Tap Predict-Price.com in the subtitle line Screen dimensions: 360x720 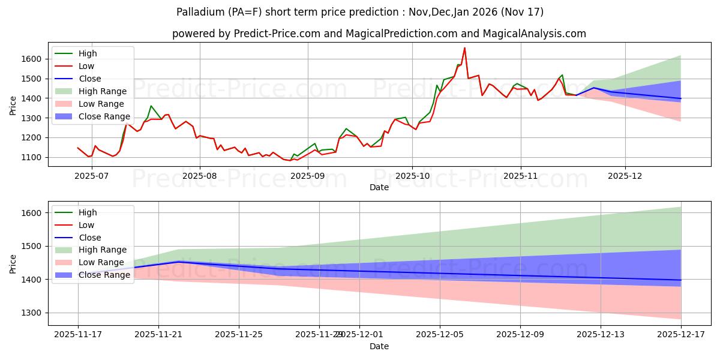click(268, 34)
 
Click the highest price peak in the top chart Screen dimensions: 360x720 click(464, 48)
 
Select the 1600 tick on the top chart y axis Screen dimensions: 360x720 click(33, 59)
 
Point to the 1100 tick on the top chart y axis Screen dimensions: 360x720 click(33, 157)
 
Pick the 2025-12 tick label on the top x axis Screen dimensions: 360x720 click(625, 175)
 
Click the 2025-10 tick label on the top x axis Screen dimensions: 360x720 click(412, 175)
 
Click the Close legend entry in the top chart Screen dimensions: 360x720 click(90, 79)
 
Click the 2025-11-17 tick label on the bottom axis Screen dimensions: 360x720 click(78, 335)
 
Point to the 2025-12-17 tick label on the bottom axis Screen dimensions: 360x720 click(681, 335)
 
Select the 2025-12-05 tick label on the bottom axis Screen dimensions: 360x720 click(440, 335)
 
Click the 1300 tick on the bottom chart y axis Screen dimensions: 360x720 click(33, 313)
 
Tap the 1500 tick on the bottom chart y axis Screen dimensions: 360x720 click(33, 246)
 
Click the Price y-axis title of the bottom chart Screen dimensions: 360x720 click(13, 263)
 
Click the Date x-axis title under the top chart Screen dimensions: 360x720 click(379, 187)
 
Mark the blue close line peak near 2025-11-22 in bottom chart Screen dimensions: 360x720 click(178, 262)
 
